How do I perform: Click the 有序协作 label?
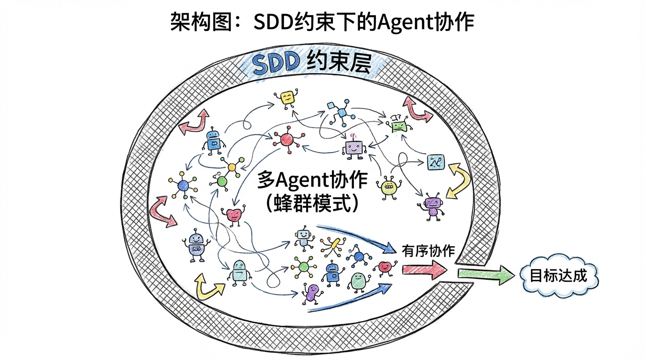pyautogui.click(x=428, y=251)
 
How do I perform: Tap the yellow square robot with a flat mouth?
pyautogui.click(x=287, y=98)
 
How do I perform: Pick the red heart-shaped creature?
pyautogui.click(x=233, y=215)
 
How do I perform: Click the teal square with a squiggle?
pyautogui.click(x=435, y=162)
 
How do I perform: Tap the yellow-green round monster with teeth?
pyautogui.click(x=389, y=187)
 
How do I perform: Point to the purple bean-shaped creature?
pyautogui.click(x=311, y=293)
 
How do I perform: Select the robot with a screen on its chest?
pyautogui.click(x=196, y=245)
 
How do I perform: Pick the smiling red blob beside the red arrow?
pyautogui.click(x=384, y=267)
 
